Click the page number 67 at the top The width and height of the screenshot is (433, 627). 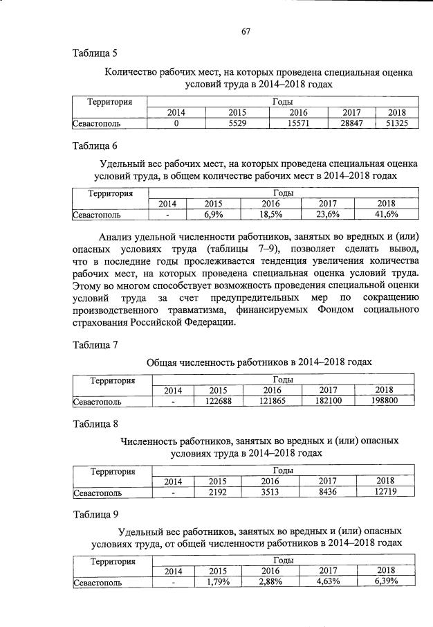(x=245, y=30)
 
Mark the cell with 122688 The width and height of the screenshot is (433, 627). (x=218, y=400)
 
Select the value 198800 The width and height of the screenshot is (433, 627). (x=385, y=400)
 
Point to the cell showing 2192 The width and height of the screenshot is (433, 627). (x=218, y=493)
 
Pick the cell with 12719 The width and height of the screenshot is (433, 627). (x=385, y=493)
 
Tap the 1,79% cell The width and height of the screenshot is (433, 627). (x=218, y=583)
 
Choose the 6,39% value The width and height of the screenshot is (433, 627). (x=385, y=583)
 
